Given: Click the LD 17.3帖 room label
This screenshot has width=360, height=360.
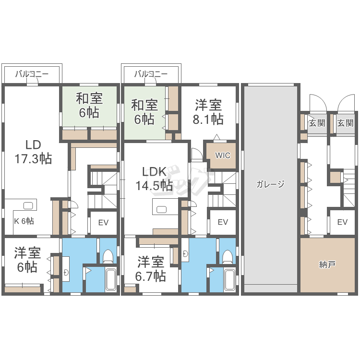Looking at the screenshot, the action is point(33,152).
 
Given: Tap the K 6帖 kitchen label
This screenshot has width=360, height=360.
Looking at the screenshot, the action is point(24,221).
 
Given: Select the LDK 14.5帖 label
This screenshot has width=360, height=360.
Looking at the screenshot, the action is point(154,179).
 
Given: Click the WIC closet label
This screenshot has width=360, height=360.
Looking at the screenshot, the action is point(223,156).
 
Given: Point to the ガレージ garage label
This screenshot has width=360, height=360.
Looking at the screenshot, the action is point(270,184).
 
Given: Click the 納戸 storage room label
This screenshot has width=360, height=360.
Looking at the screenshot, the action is point(327,264).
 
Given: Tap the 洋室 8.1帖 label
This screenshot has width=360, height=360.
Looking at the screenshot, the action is point(208,112).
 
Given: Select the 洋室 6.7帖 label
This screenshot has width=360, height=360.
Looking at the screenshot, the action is point(151,269).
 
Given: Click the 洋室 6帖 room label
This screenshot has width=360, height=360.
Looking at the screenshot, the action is point(27,260).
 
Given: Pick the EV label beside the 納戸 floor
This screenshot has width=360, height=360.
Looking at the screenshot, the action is point(342,222).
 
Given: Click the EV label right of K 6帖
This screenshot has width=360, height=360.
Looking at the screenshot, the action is point(103,222).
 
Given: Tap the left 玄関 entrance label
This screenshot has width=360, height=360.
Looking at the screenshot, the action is point(317,123).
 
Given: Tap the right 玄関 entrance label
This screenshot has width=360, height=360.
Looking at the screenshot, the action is point(345,123).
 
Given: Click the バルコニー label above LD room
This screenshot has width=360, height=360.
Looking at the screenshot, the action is point(32,74).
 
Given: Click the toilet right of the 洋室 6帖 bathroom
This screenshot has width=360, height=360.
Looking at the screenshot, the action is point(108,256).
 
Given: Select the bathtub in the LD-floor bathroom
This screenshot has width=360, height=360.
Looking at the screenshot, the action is point(111,279).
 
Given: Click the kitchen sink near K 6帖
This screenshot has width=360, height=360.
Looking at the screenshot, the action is point(28,205).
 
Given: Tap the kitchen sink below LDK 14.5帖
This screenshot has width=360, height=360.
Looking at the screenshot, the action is point(161,209).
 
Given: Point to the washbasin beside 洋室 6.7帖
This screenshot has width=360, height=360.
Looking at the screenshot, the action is point(185,253).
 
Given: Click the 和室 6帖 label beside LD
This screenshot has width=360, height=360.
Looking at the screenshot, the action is point(89,106).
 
